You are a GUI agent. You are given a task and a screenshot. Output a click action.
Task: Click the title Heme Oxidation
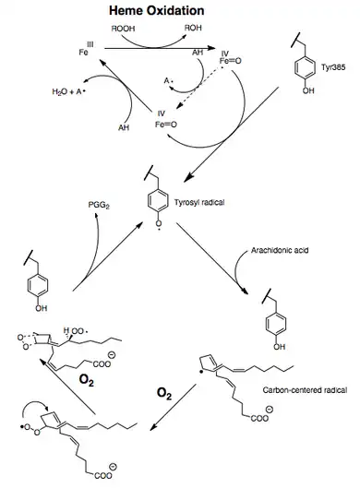pyautogui.click(x=157, y=10)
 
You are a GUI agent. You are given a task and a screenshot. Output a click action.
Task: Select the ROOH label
pyautogui.click(x=123, y=29)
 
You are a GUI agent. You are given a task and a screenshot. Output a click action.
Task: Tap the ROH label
pyautogui.click(x=193, y=28)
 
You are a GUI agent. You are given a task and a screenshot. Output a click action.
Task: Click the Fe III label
pyautogui.click(x=86, y=49)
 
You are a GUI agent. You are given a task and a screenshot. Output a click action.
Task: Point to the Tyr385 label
pyautogui.click(x=333, y=67)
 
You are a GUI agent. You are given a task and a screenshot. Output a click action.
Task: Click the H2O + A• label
pyautogui.click(x=68, y=91)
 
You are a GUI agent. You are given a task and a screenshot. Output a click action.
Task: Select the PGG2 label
pyautogui.click(x=99, y=206)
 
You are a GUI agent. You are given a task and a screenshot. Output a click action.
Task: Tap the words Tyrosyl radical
pyautogui.click(x=199, y=202)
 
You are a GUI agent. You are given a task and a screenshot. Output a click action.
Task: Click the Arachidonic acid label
pyautogui.click(x=280, y=250)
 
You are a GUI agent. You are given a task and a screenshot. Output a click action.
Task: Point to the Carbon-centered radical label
pyautogui.click(x=305, y=390)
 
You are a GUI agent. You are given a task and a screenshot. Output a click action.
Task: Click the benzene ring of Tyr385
pyautogui.click(x=305, y=67)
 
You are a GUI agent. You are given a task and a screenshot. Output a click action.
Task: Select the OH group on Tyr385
pyautogui.click(x=308, y=90)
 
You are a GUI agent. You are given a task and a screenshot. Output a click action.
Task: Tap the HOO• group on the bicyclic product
pyautogui.click(x=76, y=331)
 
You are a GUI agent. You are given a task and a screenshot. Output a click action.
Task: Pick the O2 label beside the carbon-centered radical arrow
pyautogui.click(x=164, y=394)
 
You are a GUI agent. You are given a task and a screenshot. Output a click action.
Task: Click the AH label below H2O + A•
pyautogui.click(x=124, y=127)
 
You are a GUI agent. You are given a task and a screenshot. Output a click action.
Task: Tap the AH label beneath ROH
pyautogui.click(x=198, y=53)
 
